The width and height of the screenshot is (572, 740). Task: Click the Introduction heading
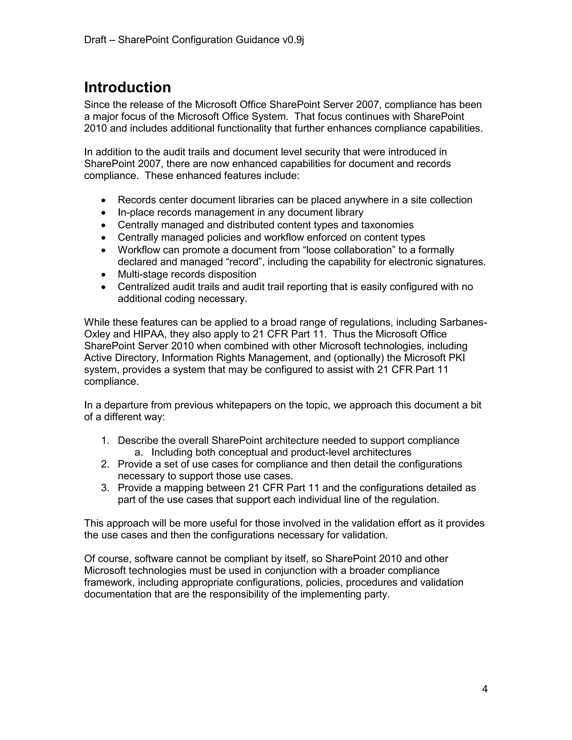pos(127,87)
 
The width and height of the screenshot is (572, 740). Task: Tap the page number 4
pos(485,689)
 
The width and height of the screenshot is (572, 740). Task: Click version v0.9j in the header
pos(293,40)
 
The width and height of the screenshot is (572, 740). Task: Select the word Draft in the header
pos(95,40)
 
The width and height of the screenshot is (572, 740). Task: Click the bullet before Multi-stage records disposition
pos(104,275)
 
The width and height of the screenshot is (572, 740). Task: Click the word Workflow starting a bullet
pos(140,250)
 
